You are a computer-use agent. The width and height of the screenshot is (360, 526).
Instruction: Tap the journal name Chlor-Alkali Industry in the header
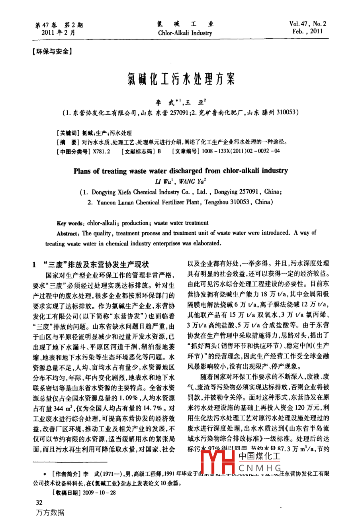click(x=185, y=33)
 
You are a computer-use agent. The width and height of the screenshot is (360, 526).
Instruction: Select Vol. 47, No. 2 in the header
click(x=308, y=24)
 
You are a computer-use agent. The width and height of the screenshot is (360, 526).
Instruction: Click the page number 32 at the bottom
click(x=39, y=502)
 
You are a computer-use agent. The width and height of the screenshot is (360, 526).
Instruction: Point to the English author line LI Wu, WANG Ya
click(x=180, y=182)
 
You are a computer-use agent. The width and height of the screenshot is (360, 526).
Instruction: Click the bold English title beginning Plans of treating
click(x=180, y=171)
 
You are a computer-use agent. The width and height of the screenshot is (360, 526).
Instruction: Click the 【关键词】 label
click(x=68, y=133)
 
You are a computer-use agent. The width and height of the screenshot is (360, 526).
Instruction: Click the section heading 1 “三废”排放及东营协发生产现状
click(x=90, y=264)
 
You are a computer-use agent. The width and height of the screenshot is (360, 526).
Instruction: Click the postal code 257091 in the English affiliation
click(x=225, y=192)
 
